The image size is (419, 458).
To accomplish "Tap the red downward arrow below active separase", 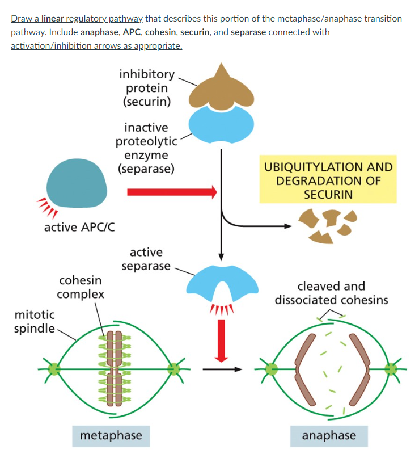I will coord(222,339).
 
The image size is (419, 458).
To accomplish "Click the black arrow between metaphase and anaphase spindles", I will coord(222,369).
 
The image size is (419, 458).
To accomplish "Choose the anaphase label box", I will coord(329,435).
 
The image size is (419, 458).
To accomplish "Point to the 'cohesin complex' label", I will coord(81,287).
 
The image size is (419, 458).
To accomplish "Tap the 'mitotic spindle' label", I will coord(35,321).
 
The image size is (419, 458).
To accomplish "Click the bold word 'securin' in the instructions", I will coord(196,32).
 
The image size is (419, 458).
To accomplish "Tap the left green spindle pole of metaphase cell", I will coord(54,369).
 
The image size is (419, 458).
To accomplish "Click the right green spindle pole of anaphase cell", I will coord(391,369).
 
